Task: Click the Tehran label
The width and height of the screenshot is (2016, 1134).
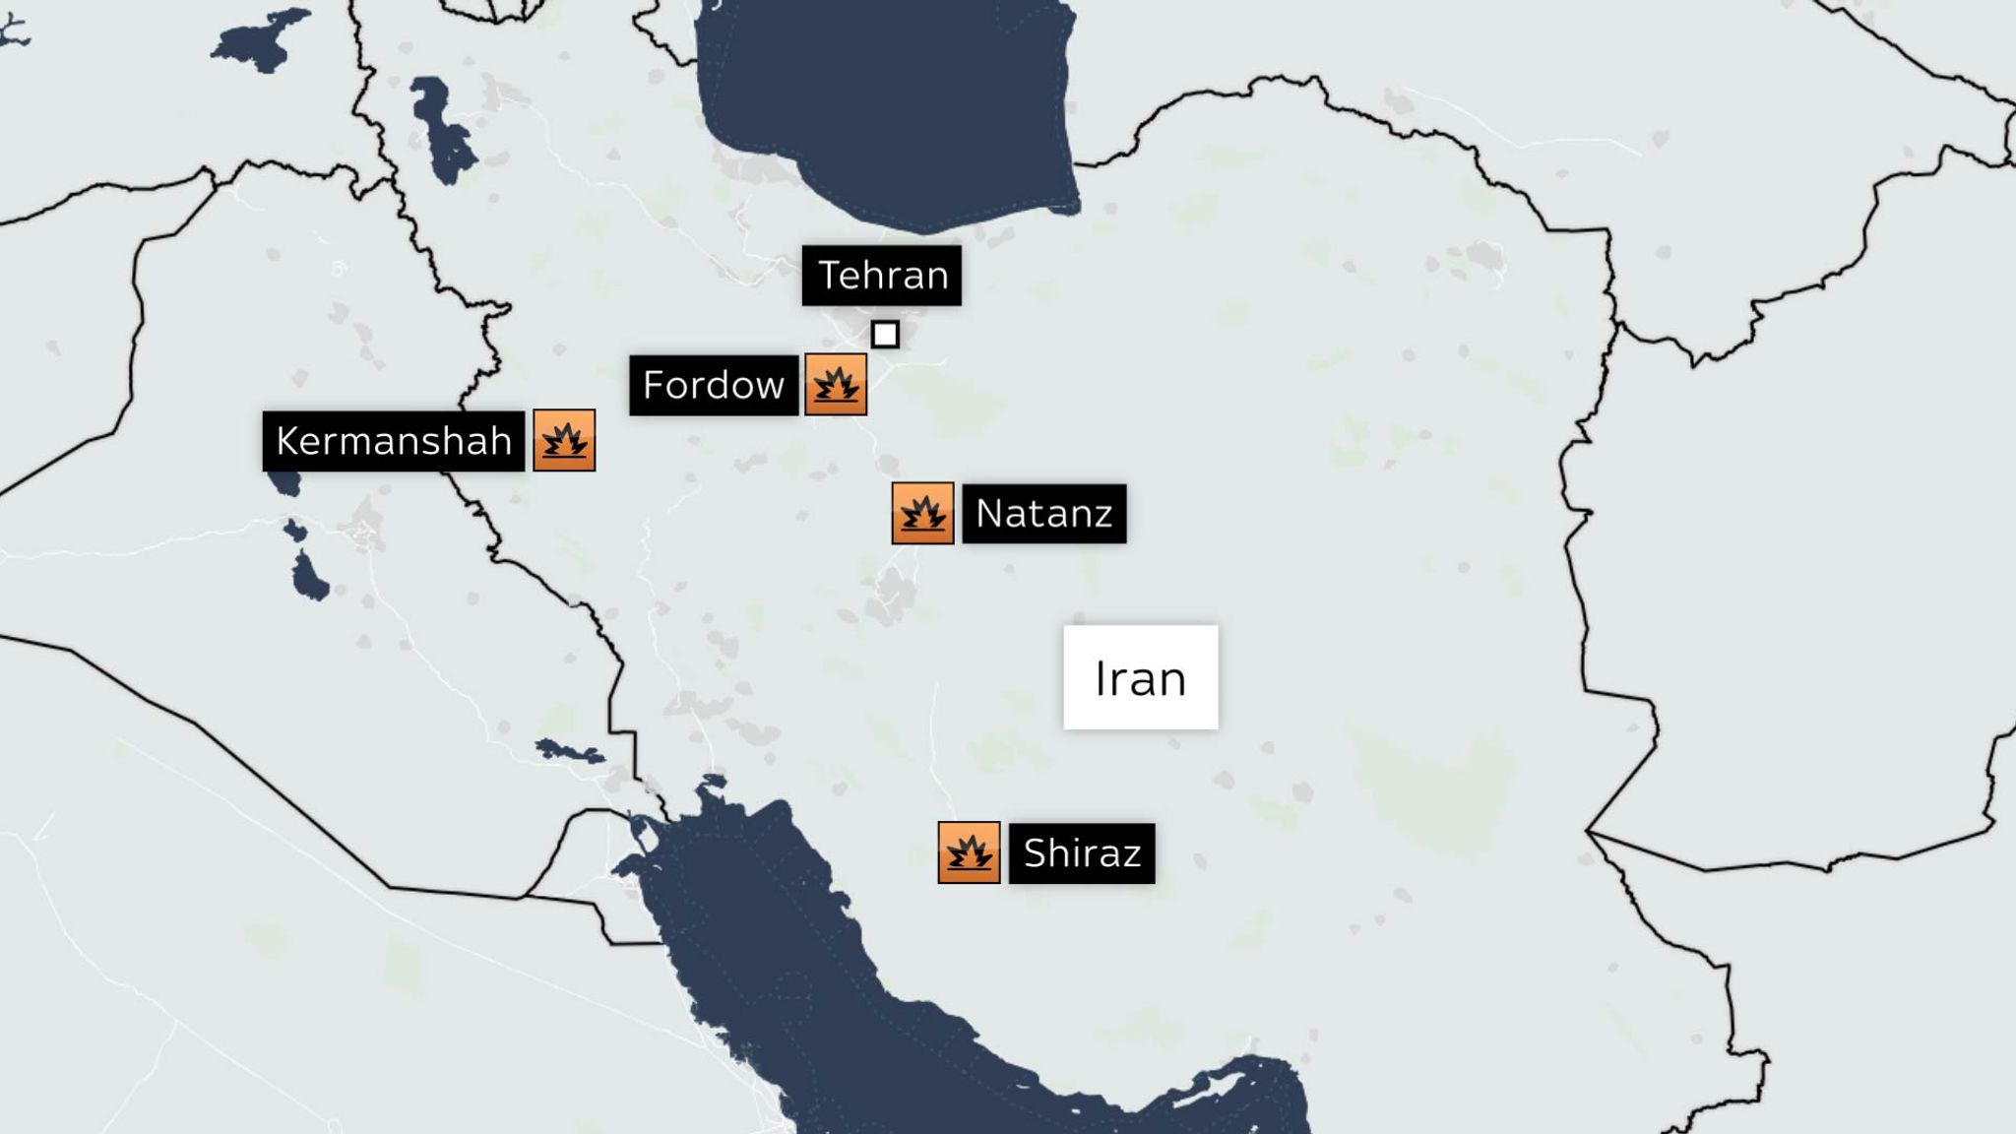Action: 881,276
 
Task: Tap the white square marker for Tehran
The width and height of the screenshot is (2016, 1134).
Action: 885,335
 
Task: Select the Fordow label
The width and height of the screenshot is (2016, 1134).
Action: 714,385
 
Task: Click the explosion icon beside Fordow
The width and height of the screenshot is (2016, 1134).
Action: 836,385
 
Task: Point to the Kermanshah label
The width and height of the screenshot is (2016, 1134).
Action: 394,441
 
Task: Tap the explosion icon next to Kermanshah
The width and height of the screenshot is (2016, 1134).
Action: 564,440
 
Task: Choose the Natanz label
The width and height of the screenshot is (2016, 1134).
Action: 1043,514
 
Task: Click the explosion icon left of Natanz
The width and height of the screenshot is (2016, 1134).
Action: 922,513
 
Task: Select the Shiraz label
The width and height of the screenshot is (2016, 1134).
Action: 1082,853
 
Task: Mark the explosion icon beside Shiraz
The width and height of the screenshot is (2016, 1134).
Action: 969,852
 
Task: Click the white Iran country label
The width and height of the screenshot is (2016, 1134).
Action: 1140,678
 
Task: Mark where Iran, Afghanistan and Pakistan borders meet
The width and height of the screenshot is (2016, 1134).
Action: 1587,832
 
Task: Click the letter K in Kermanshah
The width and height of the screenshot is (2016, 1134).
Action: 287,441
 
